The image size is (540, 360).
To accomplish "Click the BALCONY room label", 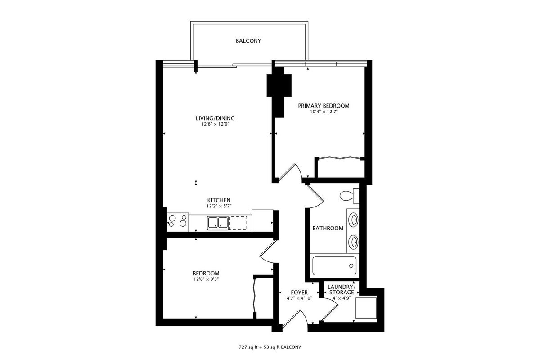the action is (x=248, y=41).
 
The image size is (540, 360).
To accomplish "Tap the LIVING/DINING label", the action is (x=215, y=118).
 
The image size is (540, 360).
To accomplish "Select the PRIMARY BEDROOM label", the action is (x=324, y=106).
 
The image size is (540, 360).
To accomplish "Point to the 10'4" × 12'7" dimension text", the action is (x=324, y=112).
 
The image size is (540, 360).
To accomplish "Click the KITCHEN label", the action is (x=219, y=200).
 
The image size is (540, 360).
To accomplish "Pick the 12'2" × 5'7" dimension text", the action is (x=219, y=206).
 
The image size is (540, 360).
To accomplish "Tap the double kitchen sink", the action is (x=218, y=223).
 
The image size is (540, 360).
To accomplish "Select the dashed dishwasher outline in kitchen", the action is (x=238, y=223).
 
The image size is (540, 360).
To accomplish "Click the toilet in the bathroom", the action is (x=349, y=195).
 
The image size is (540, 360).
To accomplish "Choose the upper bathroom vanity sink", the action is (x=354, y=220).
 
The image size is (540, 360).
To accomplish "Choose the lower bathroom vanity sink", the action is (x=354, y=242).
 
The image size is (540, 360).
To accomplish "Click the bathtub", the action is (x=334, y=265).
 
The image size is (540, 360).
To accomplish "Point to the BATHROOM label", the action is (x=328, y=228).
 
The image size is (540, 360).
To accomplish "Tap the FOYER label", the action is (x=299, y=292).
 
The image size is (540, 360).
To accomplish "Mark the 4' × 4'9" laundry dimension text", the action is (x=342, y=298).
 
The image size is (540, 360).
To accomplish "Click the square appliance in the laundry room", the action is (x=366, y=308).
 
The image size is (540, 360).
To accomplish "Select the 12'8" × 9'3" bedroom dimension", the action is (x=206, y=279).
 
